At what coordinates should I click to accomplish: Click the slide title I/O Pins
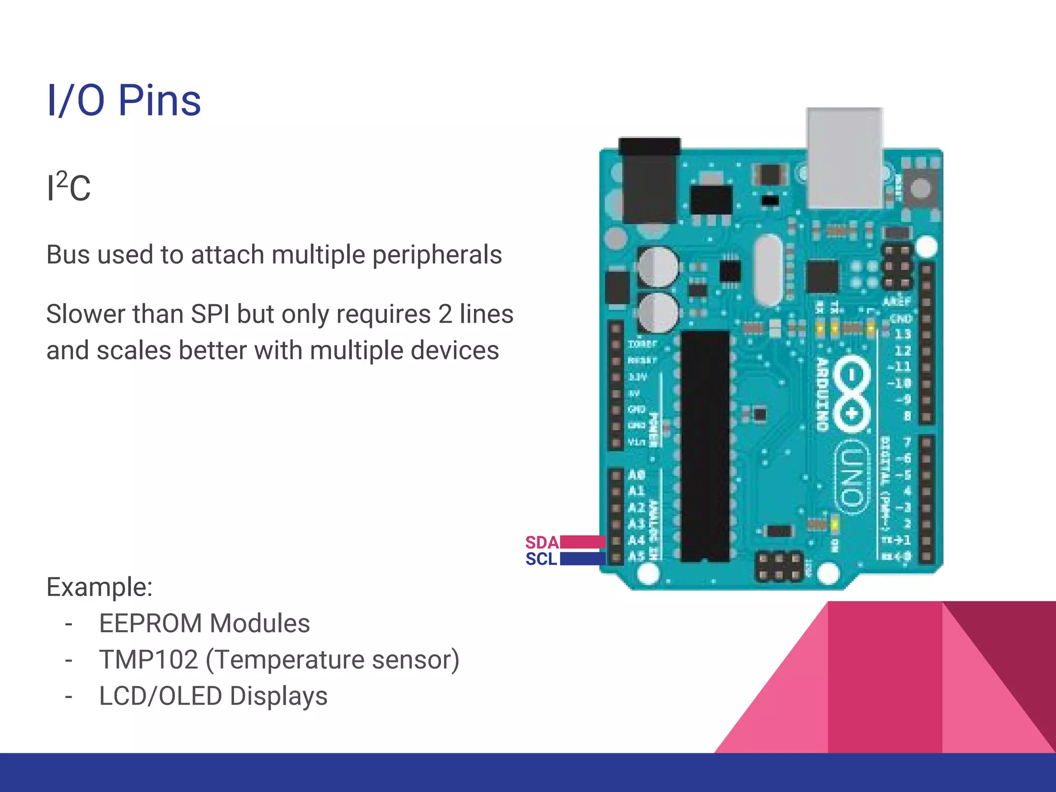point(124,100)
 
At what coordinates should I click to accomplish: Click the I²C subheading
point(69,187)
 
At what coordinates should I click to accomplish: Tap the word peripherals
point(437,255)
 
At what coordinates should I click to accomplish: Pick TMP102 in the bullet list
point(148,659)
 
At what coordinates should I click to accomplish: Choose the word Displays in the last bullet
point(278,696)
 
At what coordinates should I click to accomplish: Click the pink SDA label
point(541,542)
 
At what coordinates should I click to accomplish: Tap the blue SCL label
point(541,559)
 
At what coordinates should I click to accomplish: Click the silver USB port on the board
point(844,157)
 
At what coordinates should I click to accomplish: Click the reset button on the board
point(920,188)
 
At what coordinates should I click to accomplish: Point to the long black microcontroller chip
point(705,446)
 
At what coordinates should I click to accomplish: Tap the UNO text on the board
point(851,477)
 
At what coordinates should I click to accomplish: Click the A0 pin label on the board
point(637,474)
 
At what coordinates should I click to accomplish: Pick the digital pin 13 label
point(902,334)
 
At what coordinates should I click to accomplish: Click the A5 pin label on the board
point(637,556)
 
